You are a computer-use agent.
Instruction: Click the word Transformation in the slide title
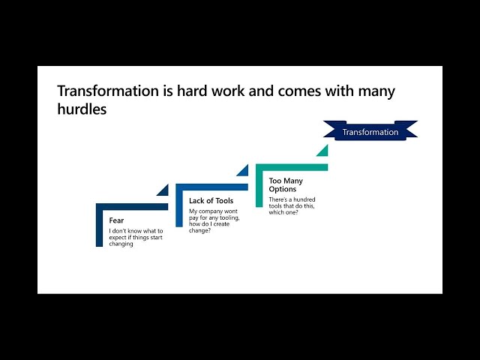coord(108,91)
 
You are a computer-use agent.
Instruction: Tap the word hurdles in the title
coord(82,109)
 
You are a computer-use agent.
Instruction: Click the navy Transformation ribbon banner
coord(370,130)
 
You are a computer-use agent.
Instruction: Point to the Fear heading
coord(116,220)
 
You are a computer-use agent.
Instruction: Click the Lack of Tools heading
coord(211,201)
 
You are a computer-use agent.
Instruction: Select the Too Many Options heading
coord(286,185)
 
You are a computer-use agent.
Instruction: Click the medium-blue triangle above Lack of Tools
coord(244,172)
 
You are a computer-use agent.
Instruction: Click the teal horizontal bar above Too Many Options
coord(292,167)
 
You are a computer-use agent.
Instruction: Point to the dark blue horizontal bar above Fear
coord(132,207)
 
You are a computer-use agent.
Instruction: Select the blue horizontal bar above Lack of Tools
coord(211,187)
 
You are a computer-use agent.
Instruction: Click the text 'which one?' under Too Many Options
coord(283,212)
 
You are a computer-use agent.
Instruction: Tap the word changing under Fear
coord(121,244)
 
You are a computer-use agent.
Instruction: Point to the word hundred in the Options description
coord(304,199)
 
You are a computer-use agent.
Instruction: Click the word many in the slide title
coord(376,91)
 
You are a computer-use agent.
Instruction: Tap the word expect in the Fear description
coord(118,238)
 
